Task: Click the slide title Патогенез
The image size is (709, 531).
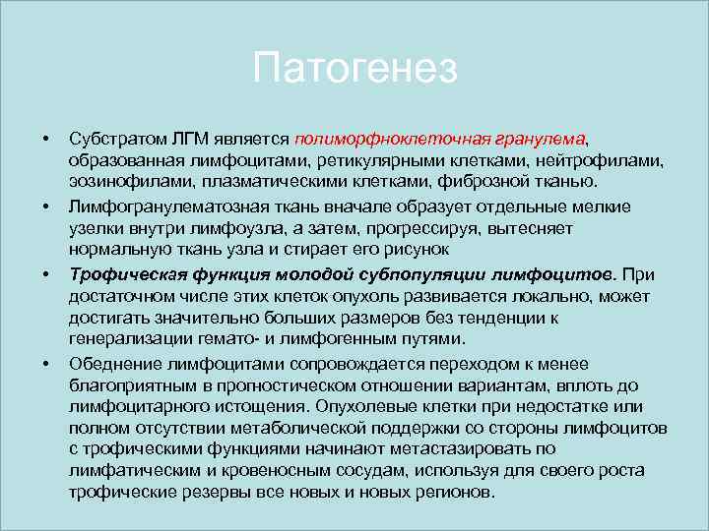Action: coord(354,70)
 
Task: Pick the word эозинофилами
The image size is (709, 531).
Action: coord(116,181)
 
